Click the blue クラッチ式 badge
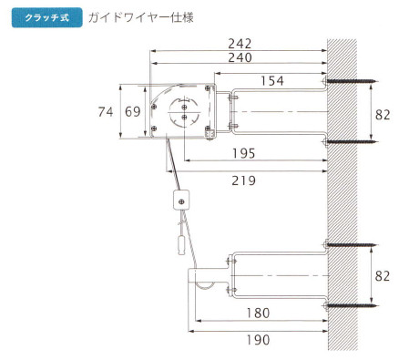[47, 17]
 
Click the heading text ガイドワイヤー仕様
[141, 17]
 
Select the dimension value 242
[240, 44]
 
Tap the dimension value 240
[240, 57]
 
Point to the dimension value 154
[272, 81]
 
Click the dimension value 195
[244, 153]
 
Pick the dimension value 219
[244, 180]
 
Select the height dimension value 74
[106, 112]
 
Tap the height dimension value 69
[133, 112]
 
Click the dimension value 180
[258, 314]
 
